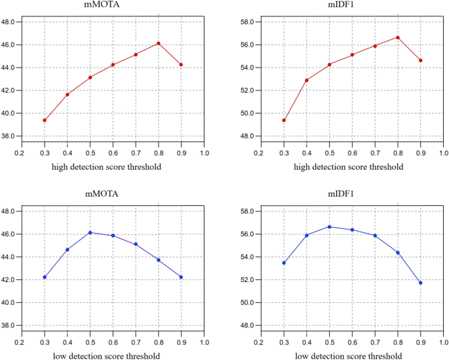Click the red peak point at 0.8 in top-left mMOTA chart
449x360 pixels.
pyautogui.click(x=158, y=43)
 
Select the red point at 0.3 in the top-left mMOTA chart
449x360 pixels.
pyautogui.click(x=45, y=120)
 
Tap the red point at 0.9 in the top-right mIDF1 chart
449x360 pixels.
pyautogui.click(x=420, y=60)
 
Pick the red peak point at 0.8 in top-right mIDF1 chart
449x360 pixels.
pyautogui.click(x=397, y=37)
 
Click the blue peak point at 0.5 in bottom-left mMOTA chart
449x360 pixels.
pyautogui.click(x=90, y=232)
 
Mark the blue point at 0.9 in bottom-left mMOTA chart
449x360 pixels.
pyautogui.click(x=181, y=277)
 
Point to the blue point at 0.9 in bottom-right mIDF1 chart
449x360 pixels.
pyautogui.click(x=420, y=283)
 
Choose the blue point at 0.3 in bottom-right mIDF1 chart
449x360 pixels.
pyautogui.click(x=284, y=263)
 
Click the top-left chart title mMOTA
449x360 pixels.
pyautogui.click(x=113, y=6)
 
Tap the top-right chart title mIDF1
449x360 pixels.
pyautogui.click(x=352, y=6)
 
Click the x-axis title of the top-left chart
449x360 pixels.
pyautogui.click(x=113, y=167)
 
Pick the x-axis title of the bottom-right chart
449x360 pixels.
pyautogui.click(x=352, y=356)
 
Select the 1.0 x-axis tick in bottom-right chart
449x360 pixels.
pyautogui.click(x=443, y=342)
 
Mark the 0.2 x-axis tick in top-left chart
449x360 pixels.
pyautogui.click(x=22, y=152)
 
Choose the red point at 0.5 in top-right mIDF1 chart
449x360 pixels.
pyautogui.click(x=329, y=64)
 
